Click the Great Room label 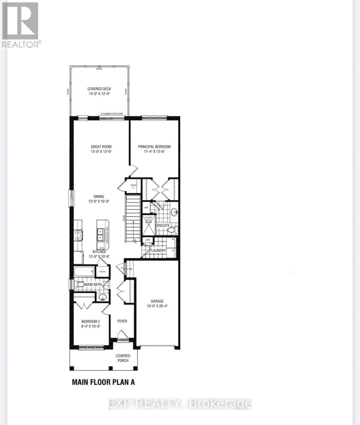pyautogui.click(x=102, y=147)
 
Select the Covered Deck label pyautogui.click(x=99, y=89)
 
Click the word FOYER pyautogui.click(x=122, y=321)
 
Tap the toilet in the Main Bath pyautogui.click(x=80, y=284)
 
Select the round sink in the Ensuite pyautogui.click(x=175, y=212)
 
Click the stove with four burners pyautogui.click(x=78, y=236)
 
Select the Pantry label pyautogui.click(x=103, y=272)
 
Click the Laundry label pyautogui.click(x=158, y=250)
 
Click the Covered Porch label pyautogui.click(x=123, y=358)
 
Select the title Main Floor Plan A pyautogui.click(x=103, y=382)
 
